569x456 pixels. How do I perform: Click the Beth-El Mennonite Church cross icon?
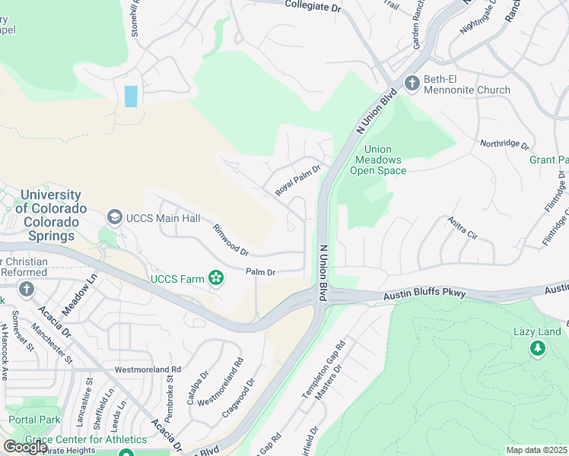coord(412,83)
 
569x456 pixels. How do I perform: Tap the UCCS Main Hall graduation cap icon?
coord(115,218)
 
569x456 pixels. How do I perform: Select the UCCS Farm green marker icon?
coord(217,278)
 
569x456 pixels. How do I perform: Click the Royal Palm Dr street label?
coord(298,181)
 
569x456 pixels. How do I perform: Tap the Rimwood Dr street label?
coord(230,239)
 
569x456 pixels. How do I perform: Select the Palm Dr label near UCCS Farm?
coord(260,271)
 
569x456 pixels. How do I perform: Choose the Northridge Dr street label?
coord(504,143)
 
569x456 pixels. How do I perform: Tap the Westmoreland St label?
coord(140,370)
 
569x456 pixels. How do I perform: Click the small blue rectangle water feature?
coord(131,96)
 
